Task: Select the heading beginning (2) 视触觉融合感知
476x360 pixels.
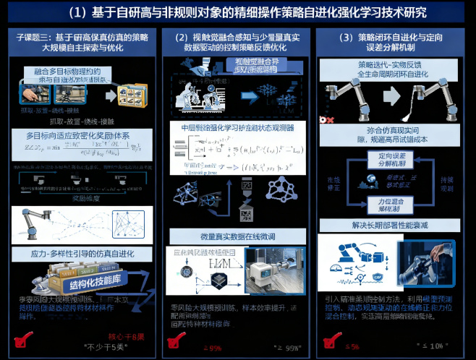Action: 238,42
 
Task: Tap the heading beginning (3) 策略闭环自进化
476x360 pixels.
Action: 395,42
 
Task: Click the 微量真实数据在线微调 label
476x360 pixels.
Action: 237,236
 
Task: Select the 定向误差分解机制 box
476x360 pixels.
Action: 394,160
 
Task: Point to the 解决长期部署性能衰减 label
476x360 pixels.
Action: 394,226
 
